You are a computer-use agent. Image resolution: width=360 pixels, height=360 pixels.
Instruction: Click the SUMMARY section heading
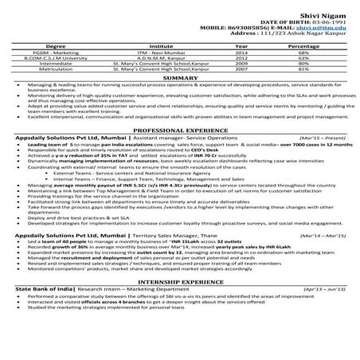tap(179, 78)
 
